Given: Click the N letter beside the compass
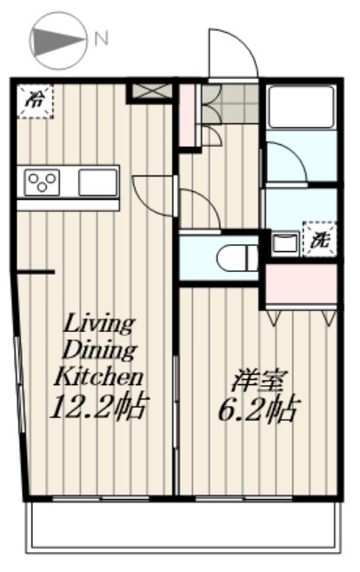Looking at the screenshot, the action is (x=102, y=39).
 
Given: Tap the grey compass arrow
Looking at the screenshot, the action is (x=59, y=41).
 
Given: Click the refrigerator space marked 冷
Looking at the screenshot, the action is (x=36, y=102).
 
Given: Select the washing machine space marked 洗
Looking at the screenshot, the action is (x=320, y=240).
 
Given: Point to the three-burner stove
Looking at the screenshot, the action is (x=42, y=182).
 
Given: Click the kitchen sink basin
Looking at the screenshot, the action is (x=97, y=182).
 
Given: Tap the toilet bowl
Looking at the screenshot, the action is (x=237, y=258).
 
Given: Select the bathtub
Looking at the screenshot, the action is (x=301, y=107).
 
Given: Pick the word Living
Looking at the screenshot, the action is (x=99, y=324).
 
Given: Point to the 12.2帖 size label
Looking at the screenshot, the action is (x=99, y=406).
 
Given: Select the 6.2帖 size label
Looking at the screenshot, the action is (x=259, y=409).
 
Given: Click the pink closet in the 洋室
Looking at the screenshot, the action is (x=301, y=284).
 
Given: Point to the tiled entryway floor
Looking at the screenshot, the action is (x=230, y=103).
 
